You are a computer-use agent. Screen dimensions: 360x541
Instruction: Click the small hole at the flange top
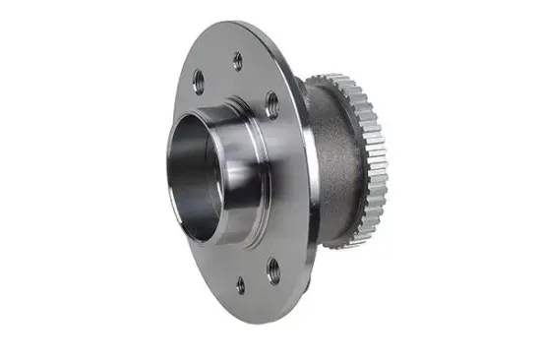point(237,61)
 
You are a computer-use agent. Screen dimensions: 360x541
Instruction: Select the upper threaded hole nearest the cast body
point(270,100)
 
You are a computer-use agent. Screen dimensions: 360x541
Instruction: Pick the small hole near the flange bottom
point(240,285)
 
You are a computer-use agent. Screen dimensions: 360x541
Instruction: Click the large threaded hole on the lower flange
point(272,268)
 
